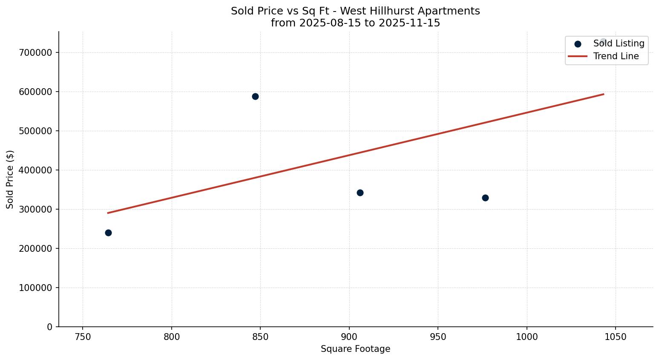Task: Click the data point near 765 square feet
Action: (108, 233)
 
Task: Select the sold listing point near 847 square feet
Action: (255, 96)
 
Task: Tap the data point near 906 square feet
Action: (360, 193)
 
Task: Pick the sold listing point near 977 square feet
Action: (485, 198)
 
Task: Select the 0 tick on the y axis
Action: (50, 327)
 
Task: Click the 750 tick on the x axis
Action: (83, 337)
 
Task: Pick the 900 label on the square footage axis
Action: (349, 337)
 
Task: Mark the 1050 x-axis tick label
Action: (616, 337)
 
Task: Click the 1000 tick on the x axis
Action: (527, 337)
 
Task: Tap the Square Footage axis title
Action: (355, 349)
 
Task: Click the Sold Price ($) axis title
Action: (10, 179)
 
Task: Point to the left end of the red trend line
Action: (108, 213)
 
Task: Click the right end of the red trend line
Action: (603, 94)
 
